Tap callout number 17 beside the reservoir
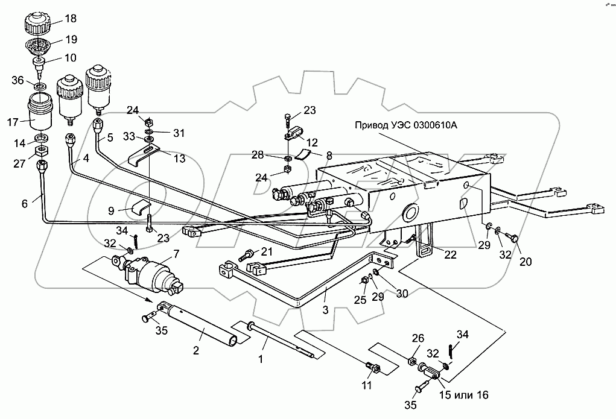tap(13, 122)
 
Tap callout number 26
tap(418, 338)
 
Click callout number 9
tap(110, 211)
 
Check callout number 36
tap(17, 80)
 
